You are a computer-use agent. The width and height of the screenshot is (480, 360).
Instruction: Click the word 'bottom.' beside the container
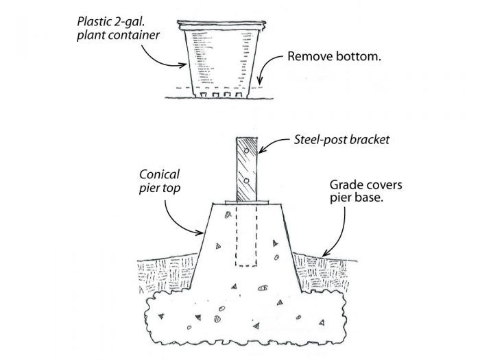[x=358, y=57]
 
